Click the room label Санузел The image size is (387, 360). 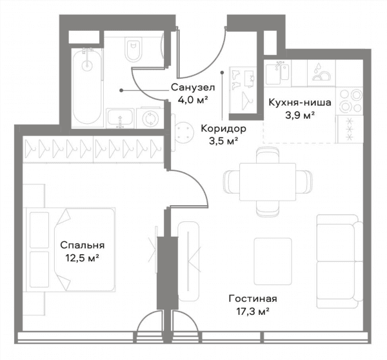click(193, 87)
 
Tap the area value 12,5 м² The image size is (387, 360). click(82, 258)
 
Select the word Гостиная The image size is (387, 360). click(253, 299)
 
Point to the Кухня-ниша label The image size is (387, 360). click(300, 103)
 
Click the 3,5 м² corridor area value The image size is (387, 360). click(223, 141)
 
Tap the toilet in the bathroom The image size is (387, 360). click(134, 50)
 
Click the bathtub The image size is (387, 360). click(87, 86)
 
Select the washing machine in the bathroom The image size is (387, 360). click(150, 118)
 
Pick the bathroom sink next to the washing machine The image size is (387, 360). click(120, 119)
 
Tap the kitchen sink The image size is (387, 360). click(277, 73)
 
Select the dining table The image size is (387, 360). click(268, 182)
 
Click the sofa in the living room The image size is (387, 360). click(340, 261)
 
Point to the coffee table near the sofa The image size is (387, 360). click(273, 261)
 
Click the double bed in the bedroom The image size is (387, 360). click(70, 250)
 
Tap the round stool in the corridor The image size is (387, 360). click(184, 132)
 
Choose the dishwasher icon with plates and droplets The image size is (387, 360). click(321, 73)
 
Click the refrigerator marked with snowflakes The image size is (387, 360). click(350, 129)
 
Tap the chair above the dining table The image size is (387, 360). click(268, 155)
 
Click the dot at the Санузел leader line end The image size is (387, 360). click(121, 90)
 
